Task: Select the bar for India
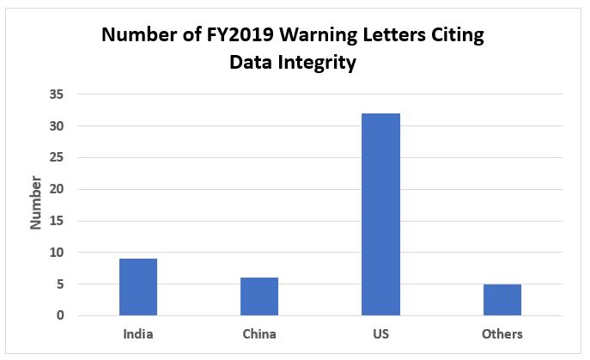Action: click(137, 287)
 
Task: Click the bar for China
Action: click(259, 296)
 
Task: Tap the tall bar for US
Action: click(380, 215)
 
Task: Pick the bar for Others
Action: click(502, 300)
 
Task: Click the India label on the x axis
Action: click(137, 333)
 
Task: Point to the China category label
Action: click(259, 333)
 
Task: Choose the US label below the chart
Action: click(380, 333)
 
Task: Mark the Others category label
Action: click(502, 333)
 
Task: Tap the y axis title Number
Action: click(36, 203)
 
